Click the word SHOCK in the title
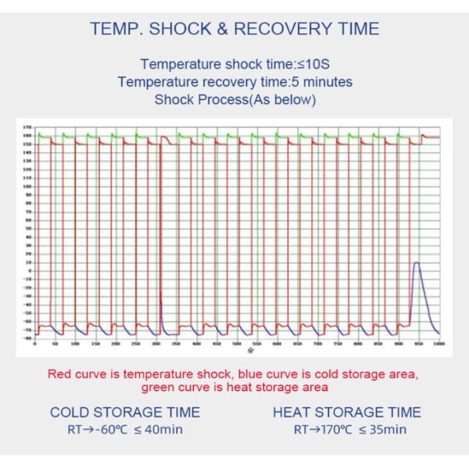[180, 30]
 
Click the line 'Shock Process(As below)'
[234, 99]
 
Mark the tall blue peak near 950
[417, 263]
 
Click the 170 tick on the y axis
[27, 127]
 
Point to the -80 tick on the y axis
[27, 338]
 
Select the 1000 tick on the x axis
[439, 344]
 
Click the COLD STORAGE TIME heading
[125, 412]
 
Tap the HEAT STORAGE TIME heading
[347, 412]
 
